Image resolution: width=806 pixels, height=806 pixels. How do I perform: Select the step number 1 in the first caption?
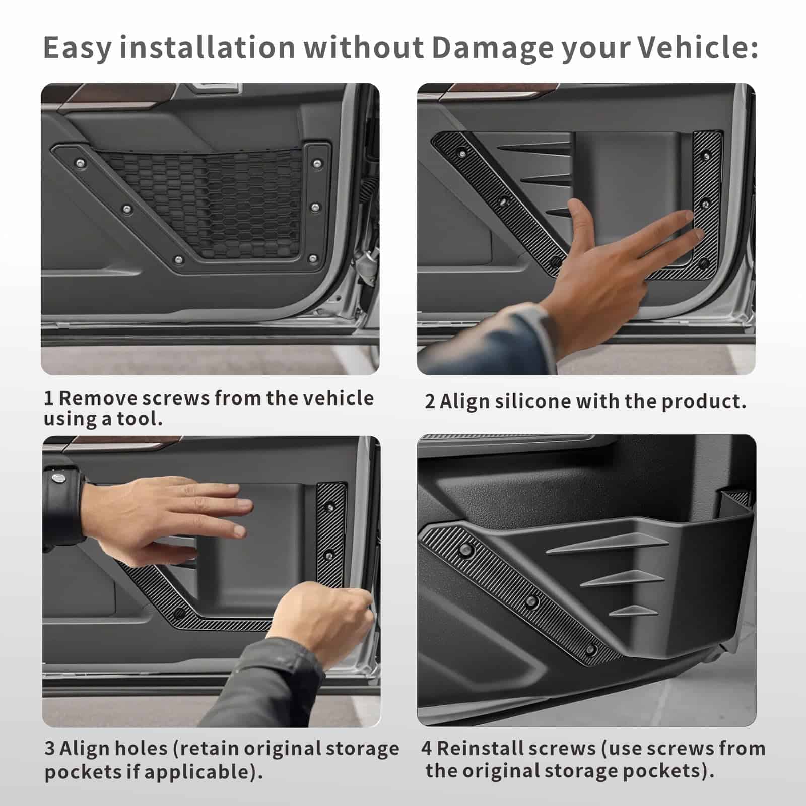(48, 398)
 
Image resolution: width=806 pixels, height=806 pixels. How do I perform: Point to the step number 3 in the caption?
(49, 749)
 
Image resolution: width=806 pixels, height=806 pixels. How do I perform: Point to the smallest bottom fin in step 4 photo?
(634, 611)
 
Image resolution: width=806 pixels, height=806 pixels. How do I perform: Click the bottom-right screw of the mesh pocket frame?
(313, 259)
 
